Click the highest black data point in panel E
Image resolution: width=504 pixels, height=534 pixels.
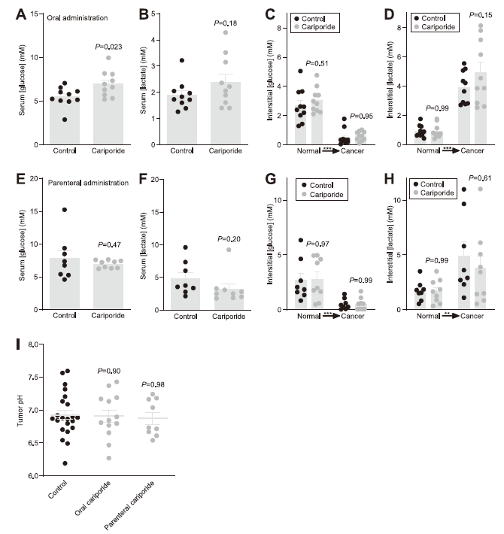pos(65,211)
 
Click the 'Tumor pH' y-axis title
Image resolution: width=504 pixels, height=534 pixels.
pos(20,410)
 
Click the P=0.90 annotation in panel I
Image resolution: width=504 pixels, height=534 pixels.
pos(110,371)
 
